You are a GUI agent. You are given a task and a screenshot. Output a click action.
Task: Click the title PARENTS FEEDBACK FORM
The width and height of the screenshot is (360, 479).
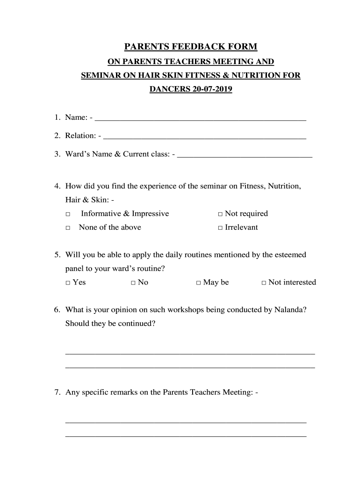(190, 46)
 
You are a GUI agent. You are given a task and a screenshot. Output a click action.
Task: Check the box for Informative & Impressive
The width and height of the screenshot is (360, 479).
(68, 214)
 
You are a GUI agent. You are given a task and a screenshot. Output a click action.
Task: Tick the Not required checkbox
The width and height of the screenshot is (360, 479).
(220, 214)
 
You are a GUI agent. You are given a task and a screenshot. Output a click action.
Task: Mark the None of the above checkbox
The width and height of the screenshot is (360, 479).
(68, 228)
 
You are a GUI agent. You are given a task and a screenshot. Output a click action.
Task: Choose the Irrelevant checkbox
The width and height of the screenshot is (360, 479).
(220, 228)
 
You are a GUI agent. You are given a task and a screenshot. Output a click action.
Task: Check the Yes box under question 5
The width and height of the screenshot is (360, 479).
(68, 283)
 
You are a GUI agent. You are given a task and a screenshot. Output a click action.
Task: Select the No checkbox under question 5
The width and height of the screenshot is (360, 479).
(133, 283)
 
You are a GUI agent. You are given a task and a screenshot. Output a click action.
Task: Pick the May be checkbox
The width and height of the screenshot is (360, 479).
(198, 283)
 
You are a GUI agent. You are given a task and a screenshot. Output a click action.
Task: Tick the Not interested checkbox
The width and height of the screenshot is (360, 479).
(264, 283)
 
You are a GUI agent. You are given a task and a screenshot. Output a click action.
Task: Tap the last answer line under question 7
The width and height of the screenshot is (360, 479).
(186, 436)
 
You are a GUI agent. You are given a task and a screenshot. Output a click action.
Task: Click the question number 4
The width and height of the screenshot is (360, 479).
(57, 186)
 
